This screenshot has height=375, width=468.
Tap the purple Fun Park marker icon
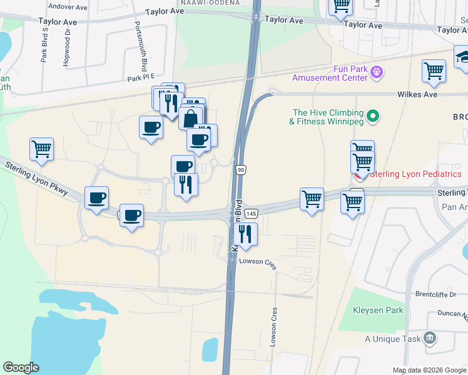377,73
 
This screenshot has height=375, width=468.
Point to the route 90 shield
240,169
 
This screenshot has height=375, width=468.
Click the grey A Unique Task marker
429,338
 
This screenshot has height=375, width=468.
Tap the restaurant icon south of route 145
245,234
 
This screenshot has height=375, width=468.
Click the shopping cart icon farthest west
41,149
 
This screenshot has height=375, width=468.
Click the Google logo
21,367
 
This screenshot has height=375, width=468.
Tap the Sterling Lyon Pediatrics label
415,174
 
